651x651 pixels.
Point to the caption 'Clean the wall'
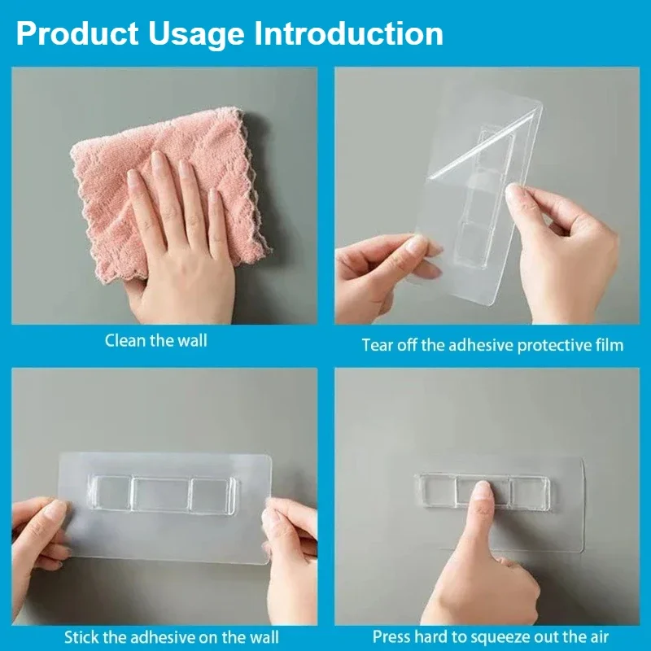(156, 340)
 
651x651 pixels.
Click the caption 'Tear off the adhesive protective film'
(492, 345)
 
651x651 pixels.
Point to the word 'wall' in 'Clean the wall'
(192, 340)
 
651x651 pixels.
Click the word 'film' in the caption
(608, 345)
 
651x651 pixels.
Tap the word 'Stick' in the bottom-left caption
(82, 636)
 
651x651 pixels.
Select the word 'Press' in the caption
(392, 636)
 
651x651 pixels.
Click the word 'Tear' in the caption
(378, 345)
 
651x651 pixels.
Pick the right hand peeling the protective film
(561, 244)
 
